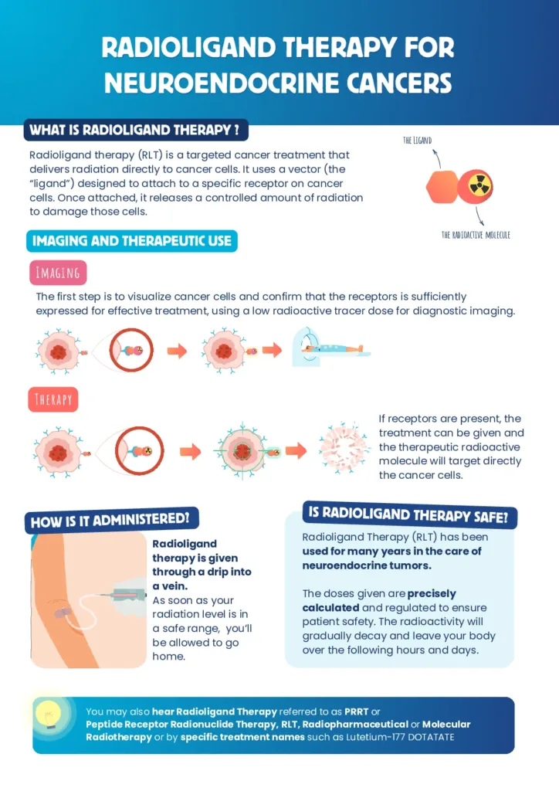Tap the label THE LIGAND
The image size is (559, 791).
pyautogui.click(x=418, y=141)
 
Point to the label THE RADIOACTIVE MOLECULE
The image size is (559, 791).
pyautogui.click(x=476, y=235)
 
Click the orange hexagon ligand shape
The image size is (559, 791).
pyautogui.click(x=442, y=187)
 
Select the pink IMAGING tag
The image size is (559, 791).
pyautogui.click(x=58, y=273)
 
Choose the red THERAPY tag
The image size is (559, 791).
pyautogui.click(x=53, y=399)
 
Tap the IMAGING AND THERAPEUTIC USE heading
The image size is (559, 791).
pyautogui.click(x=132, y=241)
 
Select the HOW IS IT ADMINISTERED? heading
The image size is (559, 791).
pyautogui.click(x=111, y=520)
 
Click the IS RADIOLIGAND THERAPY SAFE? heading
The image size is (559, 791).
pyautogui.click(x=409, y=515)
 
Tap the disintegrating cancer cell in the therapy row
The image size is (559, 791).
pyautogui.click(x=344, y=448)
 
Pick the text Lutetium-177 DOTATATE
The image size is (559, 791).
pyautogui.click(x=400, y=737)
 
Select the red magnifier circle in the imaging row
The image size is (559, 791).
pyautogui.click(x=131, y=350)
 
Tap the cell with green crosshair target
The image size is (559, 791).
pyautogui.click(x=242, y=450)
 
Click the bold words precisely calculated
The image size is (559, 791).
pyautogui.click(x=379, y=600)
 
